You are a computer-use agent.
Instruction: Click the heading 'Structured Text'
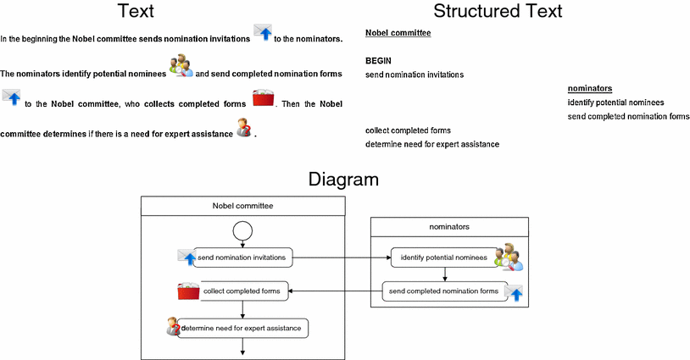498,11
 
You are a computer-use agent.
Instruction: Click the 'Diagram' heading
343,180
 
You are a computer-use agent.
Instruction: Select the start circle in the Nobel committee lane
242,230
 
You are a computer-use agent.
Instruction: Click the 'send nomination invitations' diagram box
242,258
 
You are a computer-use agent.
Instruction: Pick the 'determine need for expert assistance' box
242,329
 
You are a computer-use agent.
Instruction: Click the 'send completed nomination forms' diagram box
444,291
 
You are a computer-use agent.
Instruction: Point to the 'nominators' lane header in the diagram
449,227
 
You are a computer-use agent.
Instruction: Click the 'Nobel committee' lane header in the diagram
243,206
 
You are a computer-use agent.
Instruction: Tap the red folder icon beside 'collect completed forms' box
188,291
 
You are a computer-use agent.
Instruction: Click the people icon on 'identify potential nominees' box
509,257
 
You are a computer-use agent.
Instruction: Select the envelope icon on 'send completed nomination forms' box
514,293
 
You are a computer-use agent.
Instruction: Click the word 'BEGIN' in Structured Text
378,61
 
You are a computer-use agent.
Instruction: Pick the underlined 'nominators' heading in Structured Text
590,88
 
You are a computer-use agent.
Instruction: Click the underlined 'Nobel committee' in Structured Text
398,33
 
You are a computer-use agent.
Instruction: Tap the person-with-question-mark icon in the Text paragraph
244,127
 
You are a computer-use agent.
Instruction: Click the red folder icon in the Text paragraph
263,98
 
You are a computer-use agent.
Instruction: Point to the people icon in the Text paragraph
181,66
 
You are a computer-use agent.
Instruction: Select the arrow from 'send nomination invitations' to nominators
342,258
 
